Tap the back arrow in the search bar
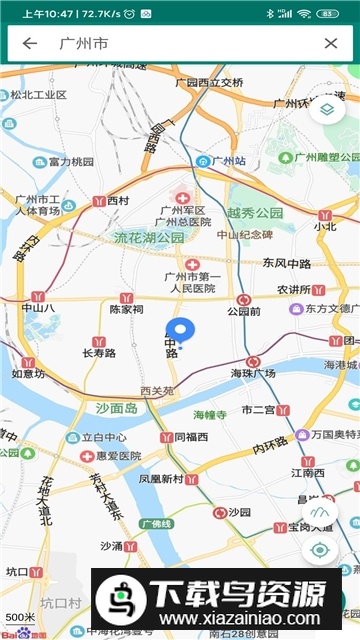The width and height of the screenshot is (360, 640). click(30, 43)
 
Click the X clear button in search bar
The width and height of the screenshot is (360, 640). click(331, 43)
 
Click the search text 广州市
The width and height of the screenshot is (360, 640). click(84, 43)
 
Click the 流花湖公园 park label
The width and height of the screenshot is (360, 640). click(149, 238)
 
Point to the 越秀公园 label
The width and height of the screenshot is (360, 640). click(255, 213)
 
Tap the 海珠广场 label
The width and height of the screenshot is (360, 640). click(252, 373)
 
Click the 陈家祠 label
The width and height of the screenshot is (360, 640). click(126, 310)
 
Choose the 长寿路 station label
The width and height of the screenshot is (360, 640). click(99, 353)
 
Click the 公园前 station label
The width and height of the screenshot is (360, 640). click(243, 311)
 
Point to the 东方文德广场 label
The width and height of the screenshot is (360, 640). click(330, 309)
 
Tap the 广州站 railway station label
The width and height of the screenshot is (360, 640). click(221, 160)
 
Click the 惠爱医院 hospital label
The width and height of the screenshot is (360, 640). click(111, 455)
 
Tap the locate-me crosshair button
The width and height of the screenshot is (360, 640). click(320, 549)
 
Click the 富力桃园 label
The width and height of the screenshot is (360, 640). click(70, 161)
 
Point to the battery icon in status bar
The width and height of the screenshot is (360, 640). click(327, 13)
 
